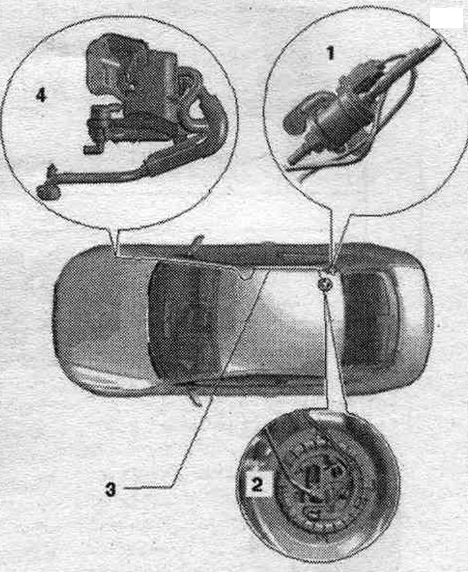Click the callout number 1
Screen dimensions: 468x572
(330, 53)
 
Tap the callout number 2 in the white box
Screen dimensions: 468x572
(257, 485)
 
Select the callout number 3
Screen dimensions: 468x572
(110, 489)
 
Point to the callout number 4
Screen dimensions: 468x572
(41, 96)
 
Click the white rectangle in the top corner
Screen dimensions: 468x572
(446, 18)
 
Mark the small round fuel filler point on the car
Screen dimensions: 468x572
(324, 283)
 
